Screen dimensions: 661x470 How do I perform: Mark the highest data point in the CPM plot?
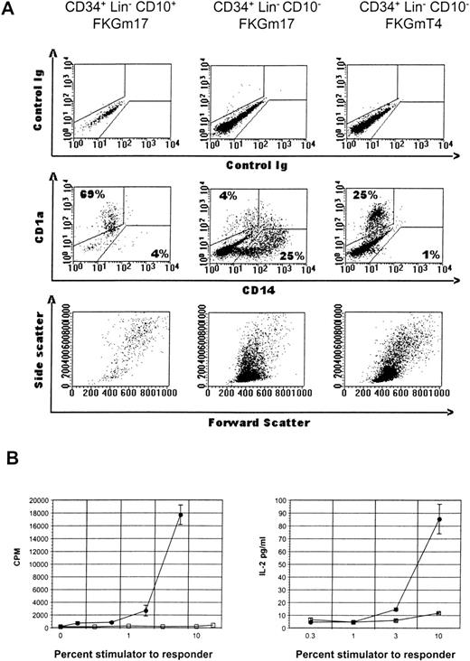180,516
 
